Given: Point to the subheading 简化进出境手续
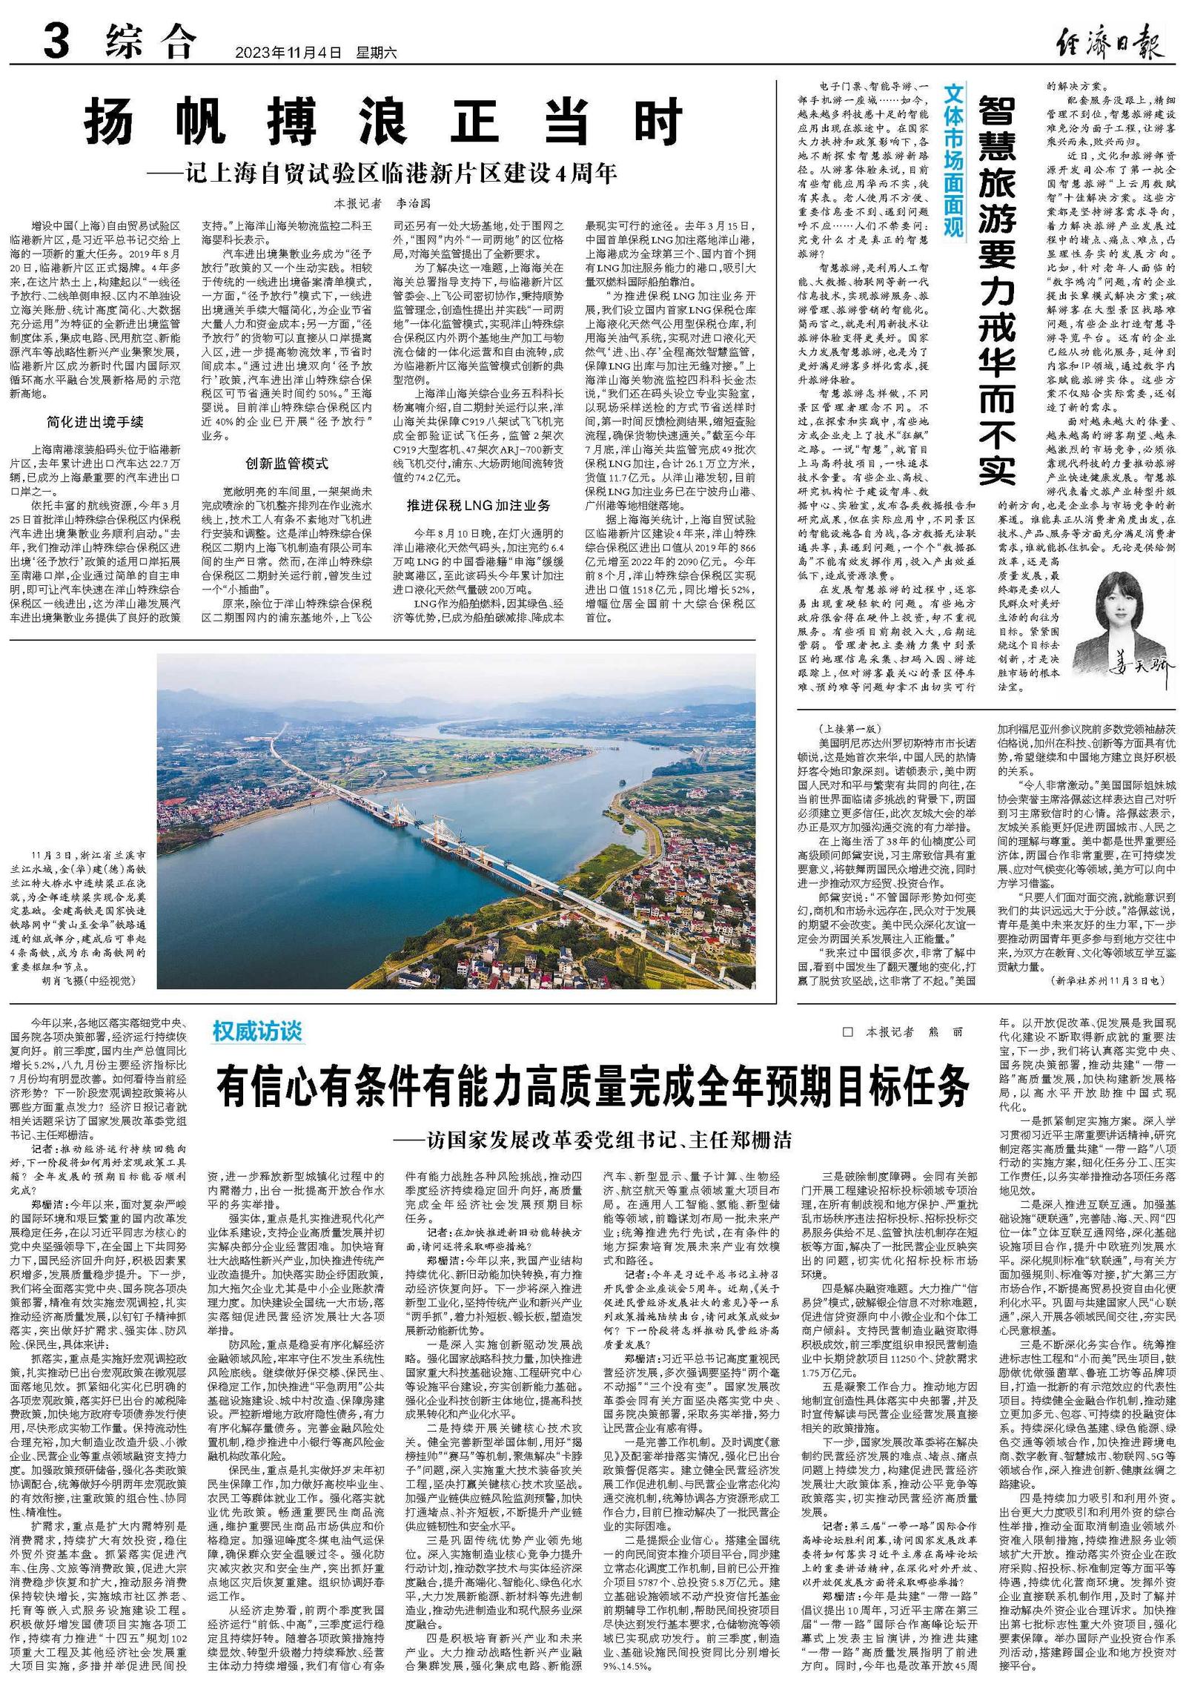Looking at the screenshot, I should [95, 422].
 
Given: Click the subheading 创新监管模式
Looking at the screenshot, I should [287, 463].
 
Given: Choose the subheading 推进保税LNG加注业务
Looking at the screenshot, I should [478, 505].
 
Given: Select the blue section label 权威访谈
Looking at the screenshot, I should [257, 1031].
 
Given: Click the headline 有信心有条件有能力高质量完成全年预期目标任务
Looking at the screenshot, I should [593, 1088].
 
